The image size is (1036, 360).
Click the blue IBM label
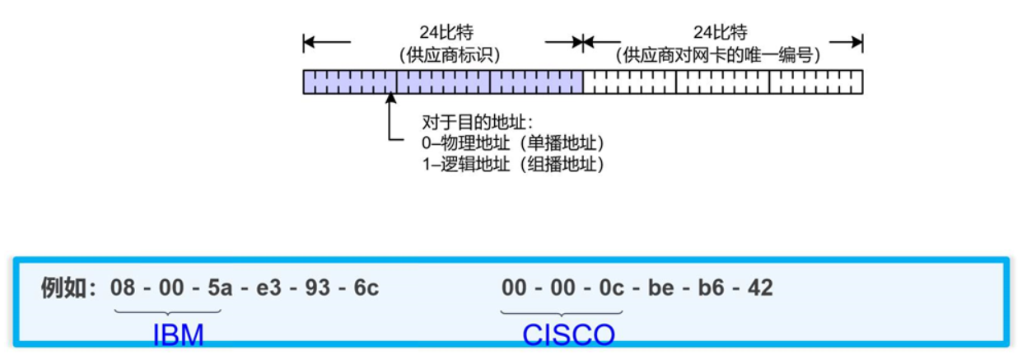pos(178,335)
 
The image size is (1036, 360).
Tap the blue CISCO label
pos(568,335)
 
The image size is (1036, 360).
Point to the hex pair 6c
pos(366,288)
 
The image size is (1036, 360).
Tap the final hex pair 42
pos(760,288)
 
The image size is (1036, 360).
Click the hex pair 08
pos(122,288)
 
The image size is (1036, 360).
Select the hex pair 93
pos(318,288)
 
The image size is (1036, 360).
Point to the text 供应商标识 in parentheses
pos(449,55)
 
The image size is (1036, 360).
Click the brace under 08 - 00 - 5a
pos(168,311)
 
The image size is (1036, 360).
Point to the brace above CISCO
pos(562,311)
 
